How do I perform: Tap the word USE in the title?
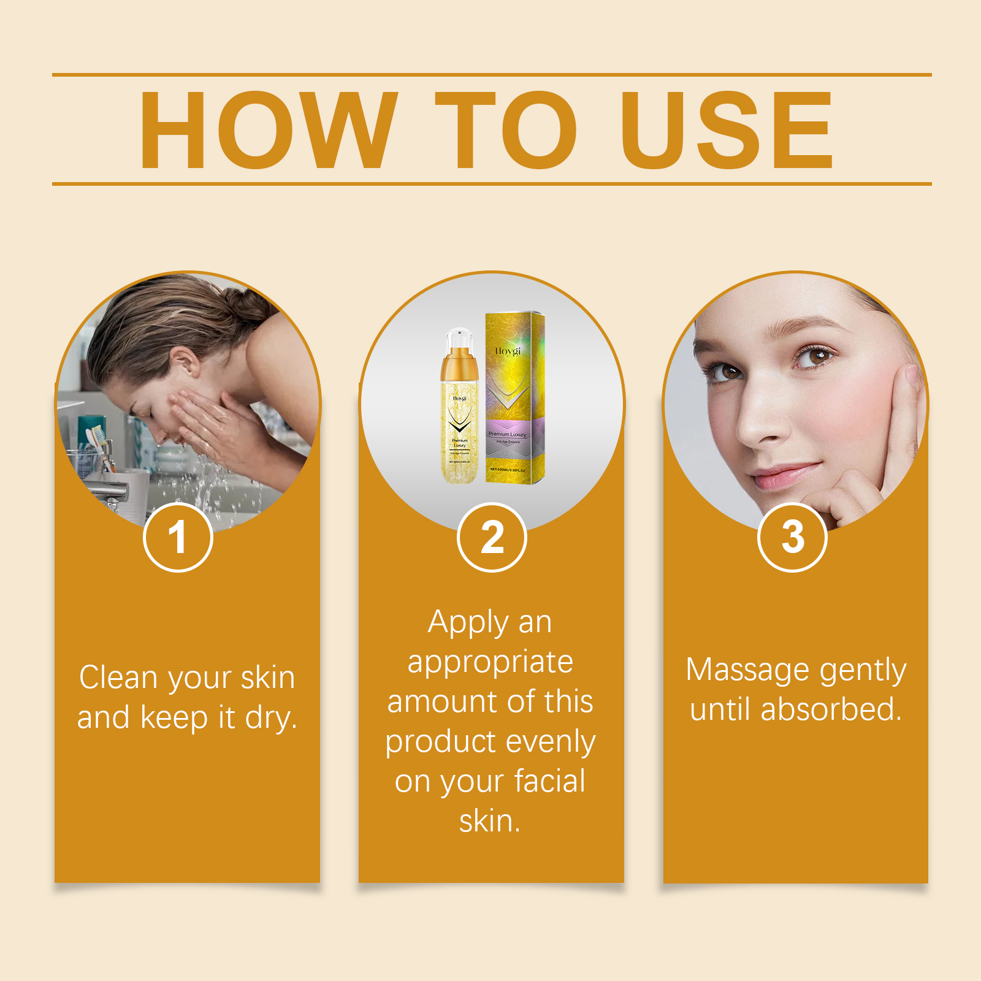(x=726, y=130)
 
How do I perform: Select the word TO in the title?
(x=506, y=130)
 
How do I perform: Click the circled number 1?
(x=178, y=538)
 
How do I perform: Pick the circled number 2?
(x=492, y=538)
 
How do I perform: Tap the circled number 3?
(x=792, y=538)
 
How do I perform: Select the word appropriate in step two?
(x=490, y=662)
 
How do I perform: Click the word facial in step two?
(x=549, y=781)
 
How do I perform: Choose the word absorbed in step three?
(x=830, y=709)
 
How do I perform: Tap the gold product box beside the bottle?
(x=515, y=399)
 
